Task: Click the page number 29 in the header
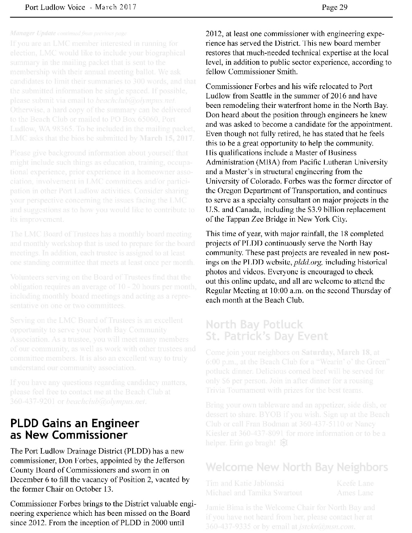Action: [343, 7]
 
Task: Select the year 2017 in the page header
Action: [128, 7]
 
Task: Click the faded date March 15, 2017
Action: [167, 138]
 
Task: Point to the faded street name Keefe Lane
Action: [355, 483]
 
